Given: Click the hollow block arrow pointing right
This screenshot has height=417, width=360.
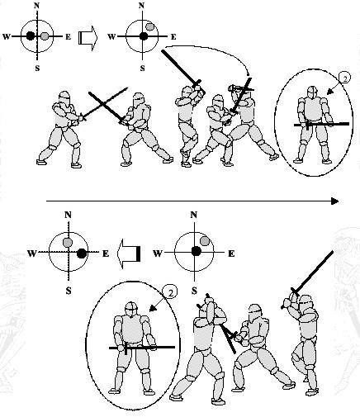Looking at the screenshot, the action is tap(88, 38).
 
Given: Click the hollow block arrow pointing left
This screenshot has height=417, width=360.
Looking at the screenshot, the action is tap(129, 254).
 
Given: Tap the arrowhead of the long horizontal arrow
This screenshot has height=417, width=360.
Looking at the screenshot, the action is tap(334, 201).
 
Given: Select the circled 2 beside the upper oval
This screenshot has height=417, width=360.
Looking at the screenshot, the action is tap(345, 79).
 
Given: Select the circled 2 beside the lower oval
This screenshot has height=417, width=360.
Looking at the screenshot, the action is tap(170, 292).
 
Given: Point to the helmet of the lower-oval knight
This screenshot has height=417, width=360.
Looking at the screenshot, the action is tap(132, 309).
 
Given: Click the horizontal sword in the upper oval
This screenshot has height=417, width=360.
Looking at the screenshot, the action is tap(321, 125).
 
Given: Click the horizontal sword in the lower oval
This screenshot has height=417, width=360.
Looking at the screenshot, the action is tap(142, 348).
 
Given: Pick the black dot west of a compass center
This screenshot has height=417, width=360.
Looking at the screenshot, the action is tap(31, 36).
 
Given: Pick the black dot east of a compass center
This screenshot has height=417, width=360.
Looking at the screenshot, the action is tap(82, 254).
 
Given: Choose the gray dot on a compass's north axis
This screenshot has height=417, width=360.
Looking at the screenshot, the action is tap(68, 242).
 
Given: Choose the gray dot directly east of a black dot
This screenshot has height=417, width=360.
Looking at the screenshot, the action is tap(45, 36).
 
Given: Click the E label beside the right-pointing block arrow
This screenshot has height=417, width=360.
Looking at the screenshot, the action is tap(68, 36).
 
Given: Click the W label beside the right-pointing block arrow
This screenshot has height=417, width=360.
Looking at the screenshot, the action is tap(7, 36).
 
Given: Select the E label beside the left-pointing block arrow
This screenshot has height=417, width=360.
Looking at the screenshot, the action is tap(106, 254).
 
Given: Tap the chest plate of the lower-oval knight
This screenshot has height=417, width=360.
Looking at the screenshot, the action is tap(132, 329).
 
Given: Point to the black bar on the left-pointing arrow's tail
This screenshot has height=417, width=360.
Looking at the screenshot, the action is tap(139, 254).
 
